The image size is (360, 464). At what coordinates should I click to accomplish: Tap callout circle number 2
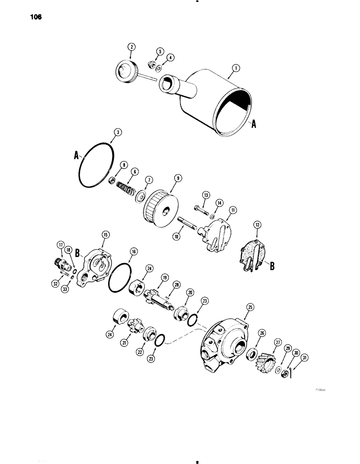click(x=131, y=47)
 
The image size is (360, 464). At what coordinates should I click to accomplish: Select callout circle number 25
click(x=250, y=307)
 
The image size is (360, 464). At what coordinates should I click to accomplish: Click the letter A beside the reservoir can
click(x=253, y=124)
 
